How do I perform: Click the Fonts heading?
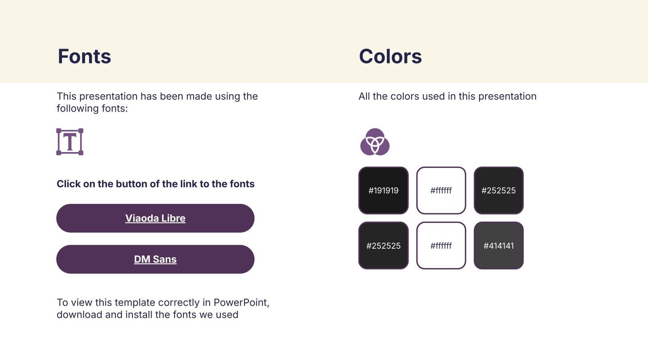(84, 56)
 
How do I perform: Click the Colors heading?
(390, 56)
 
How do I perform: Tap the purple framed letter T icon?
(70, 142)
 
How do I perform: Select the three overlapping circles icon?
(375, 142)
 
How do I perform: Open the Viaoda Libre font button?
(156, 218)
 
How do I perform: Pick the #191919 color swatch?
(383, 190)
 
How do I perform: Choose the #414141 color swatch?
(499, 245)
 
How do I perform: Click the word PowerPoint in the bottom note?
(241, 303)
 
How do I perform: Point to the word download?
(79, 315)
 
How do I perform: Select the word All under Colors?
(364, 96)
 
